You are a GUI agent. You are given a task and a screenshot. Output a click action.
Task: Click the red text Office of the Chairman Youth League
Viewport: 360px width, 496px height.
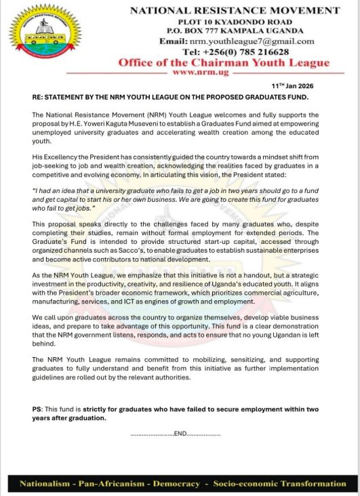pyautogui.click(x=224, y=62)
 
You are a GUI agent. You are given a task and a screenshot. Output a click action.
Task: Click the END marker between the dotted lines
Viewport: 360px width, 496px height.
pyautogui.click(x=180, y=433)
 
